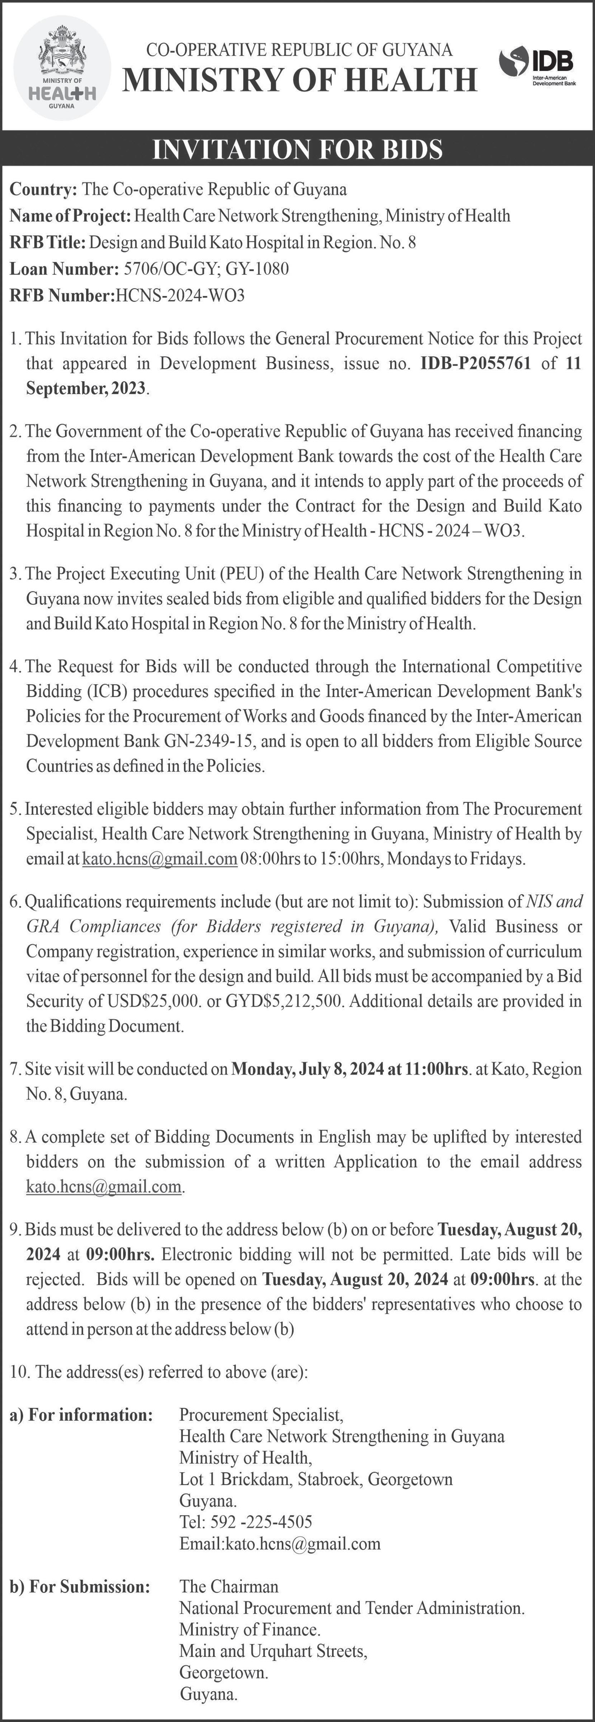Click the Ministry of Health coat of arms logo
coord(62,68)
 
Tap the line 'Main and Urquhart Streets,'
coord(273,1651)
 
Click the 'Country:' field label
coord(43,189)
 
